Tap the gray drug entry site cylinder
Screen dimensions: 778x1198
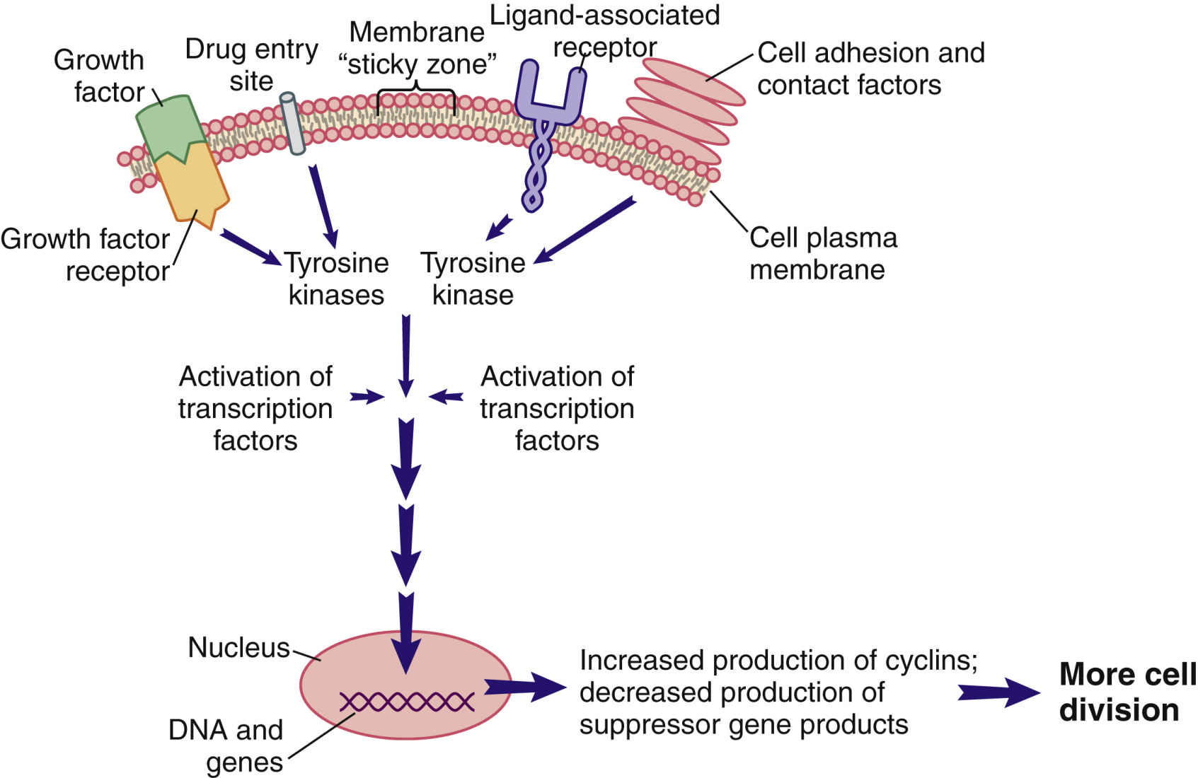point(292,124)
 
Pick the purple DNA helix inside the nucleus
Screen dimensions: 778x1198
point(406,702)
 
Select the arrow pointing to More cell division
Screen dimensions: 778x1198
point(998,692)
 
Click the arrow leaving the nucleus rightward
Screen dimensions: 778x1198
point(524,687)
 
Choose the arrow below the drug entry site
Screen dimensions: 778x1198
point(323,206)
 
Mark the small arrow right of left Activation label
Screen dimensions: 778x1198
point(367,397)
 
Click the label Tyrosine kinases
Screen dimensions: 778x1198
point(337,279)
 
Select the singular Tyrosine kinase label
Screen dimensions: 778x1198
point(473,279)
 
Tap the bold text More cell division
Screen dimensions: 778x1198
point(1127,692)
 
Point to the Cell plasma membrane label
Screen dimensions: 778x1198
point(822,253)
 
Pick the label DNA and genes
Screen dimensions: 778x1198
point(226,745)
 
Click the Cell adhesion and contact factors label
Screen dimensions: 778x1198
point(870,69)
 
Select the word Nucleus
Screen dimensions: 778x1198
point(239,647)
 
